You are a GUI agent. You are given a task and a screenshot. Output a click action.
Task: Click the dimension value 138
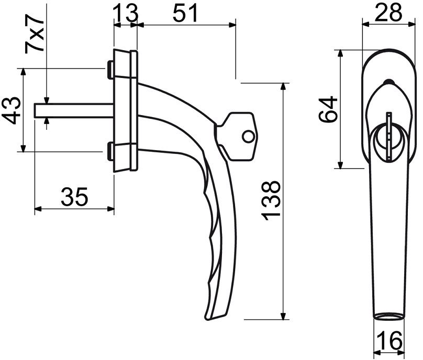[x=271, y=201]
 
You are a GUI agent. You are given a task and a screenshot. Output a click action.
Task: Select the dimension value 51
[x=185, y=13]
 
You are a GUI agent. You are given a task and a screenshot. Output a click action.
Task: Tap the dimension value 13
[x=126, y=13]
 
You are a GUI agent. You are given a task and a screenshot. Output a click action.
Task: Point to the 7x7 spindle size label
[x=34, y=33]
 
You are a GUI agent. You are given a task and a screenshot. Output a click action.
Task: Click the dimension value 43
[x=12, y=110]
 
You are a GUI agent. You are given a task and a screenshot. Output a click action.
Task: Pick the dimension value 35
[x=74, y=196]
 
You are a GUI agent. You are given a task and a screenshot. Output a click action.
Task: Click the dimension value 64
[x=328, y=109]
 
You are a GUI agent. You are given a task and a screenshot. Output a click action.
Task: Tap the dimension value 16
[x=390, y=340]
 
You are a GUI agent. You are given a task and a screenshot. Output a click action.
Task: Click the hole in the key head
[x=248, y=137]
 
